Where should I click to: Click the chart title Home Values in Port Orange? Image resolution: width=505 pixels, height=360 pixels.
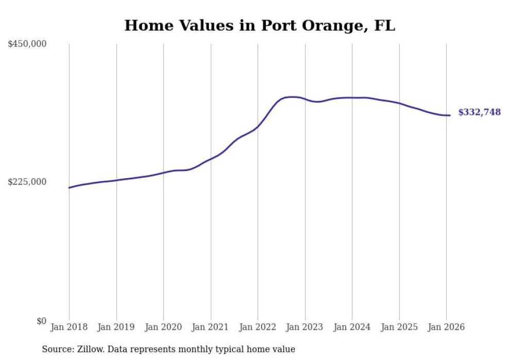coord(260,25)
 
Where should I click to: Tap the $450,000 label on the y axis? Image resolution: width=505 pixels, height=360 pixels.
coord(27,44)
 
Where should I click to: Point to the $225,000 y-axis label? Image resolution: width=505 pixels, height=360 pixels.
coord(27,182)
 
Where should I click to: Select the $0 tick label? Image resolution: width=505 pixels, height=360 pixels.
coord(41,321)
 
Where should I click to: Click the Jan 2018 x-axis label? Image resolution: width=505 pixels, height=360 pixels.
coord(69,328)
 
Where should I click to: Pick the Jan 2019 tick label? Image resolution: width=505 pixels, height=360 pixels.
coord(116,328)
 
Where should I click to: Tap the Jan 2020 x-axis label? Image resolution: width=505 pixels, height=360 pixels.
coord(163,328)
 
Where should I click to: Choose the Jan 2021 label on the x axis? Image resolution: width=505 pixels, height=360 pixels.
coord(210,328)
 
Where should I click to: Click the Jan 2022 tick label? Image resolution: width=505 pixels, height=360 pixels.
coord(258,328)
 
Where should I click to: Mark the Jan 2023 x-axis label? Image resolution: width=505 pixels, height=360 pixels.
coord(305,328)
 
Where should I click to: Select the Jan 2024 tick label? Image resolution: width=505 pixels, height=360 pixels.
coord(352,328)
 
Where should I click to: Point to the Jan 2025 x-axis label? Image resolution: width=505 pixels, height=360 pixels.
coord(399,328)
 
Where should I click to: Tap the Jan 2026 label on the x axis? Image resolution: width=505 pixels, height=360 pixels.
coord(446,328)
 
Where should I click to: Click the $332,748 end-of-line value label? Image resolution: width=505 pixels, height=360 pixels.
coord(479,112)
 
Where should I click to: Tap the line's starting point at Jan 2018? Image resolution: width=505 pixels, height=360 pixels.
coord(69,187)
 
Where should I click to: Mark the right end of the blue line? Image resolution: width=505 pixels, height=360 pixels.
coord(450,115)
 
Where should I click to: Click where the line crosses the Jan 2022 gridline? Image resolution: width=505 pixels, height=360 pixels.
coord(258,127)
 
